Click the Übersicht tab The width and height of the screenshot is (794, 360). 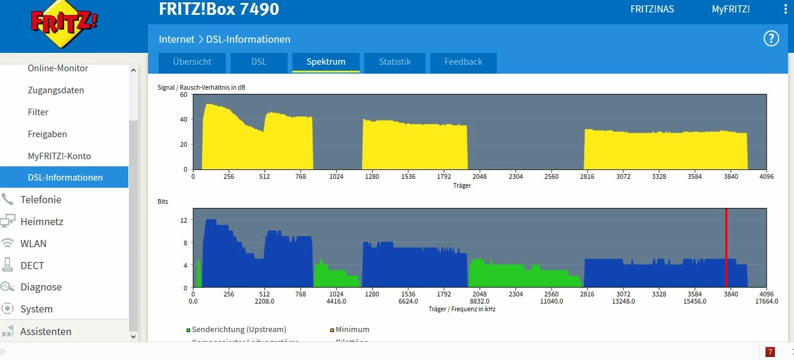(192, 62)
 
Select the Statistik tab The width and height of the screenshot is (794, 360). (395, 62)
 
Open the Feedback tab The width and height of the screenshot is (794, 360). (463, 62)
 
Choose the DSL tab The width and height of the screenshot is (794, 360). (259, 62)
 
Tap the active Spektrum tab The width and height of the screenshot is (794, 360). (326, 62)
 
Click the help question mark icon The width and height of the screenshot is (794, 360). (771, 39)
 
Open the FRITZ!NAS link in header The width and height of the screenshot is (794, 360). (652, 10)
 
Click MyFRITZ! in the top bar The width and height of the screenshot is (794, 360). (730, 10)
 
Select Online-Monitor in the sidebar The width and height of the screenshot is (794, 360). (58, 68)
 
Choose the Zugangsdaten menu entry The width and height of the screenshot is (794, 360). (56, 90)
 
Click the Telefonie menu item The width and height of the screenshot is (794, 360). (40, 200)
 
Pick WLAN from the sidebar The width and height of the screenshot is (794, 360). (33, 244)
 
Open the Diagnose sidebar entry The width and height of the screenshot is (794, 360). (41, 287)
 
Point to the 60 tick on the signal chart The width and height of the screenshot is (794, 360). (184, 94)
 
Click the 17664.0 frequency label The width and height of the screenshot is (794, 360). (766, 301)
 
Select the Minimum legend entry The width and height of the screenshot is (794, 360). (352, 329)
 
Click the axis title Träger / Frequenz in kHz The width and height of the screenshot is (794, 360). (462, 309)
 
